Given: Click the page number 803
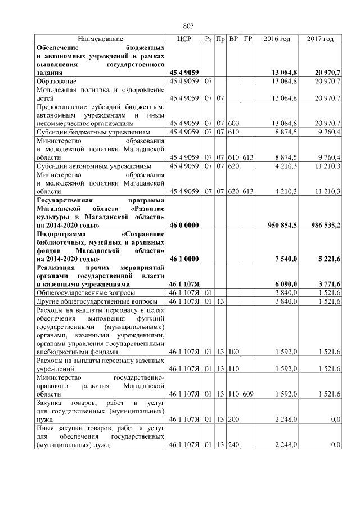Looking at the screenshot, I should click(x=188, y=26).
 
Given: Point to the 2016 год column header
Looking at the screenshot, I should click(x=277, y=39).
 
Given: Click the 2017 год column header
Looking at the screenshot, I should click(x=321, y=39).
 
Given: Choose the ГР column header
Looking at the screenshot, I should click(x=247, y=39).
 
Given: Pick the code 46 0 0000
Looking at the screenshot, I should click(x=184, y=226).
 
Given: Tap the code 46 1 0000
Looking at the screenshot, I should click(x=184, y=259).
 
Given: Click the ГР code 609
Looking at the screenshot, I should click(x=247, y=394).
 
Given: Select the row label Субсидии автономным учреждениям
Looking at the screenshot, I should click(x=93, y=166).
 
